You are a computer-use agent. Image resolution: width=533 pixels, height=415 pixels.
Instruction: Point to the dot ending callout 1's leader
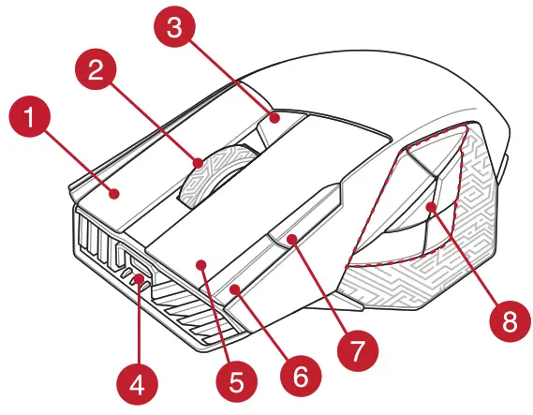[x=115, y=194]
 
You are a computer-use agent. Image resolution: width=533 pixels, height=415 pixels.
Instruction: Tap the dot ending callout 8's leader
[x=431, y=207]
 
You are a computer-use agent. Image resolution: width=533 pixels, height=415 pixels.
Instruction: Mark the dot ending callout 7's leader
[x=293, y=240]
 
